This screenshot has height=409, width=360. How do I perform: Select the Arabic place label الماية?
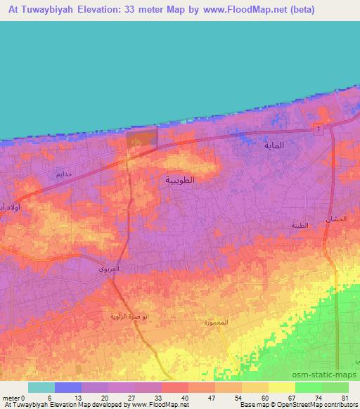[x=273, y=146]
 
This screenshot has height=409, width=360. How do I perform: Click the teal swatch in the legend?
[x=41, y=387]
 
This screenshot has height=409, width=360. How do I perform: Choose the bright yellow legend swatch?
[x=281, y=387]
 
